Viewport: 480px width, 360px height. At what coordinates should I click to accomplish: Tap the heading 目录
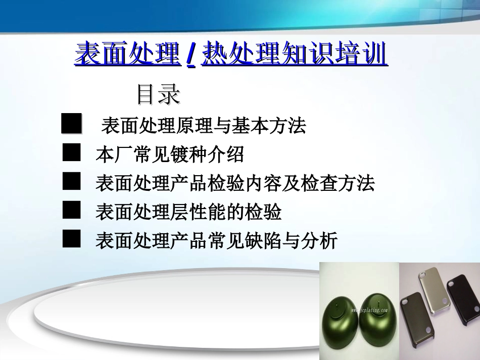(158, 94)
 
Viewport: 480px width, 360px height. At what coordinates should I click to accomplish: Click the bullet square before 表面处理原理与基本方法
(71, 124)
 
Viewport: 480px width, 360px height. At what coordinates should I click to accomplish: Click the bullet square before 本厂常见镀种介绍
(71, 152)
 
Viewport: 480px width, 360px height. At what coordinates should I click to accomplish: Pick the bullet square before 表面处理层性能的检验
(71, 210)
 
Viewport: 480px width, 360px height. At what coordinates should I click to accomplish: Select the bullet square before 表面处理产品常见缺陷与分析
(71, 238)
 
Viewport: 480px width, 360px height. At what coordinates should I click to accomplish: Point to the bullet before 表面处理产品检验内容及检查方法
(71, 181)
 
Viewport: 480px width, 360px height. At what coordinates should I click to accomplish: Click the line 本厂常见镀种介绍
(170, 155)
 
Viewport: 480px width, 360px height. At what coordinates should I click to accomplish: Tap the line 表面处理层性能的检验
(188, 212)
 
